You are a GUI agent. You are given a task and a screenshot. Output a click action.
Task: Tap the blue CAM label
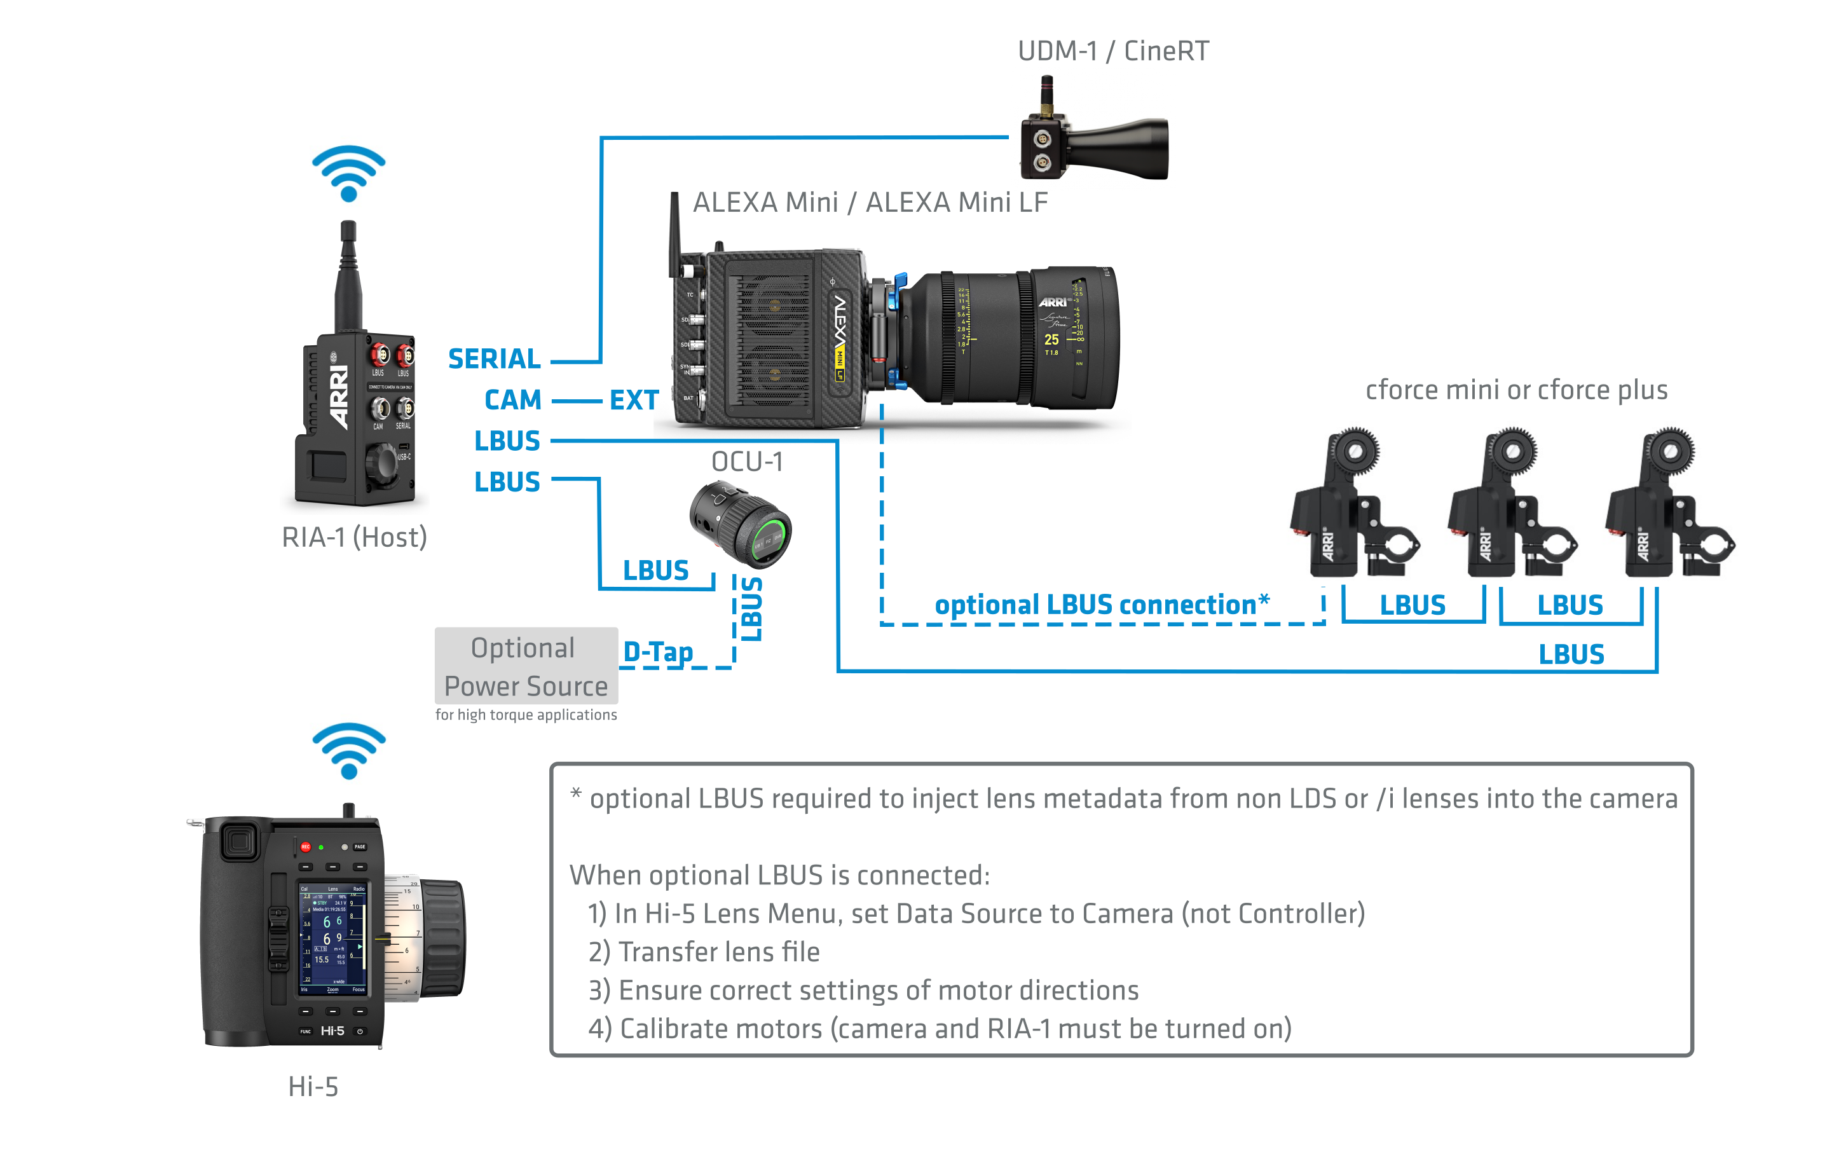pos(512,400)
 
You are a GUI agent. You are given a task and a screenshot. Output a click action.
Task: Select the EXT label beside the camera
pos(634,401)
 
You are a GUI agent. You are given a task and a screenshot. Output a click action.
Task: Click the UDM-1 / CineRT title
pos(1112,51)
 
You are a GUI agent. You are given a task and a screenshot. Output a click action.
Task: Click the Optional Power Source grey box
pos(526,666)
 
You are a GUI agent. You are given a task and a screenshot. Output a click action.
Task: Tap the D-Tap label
pos(658,652)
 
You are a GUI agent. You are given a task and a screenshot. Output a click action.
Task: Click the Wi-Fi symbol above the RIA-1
pos(349,173)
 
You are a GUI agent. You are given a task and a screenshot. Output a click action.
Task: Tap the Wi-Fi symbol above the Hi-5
pos(349,750)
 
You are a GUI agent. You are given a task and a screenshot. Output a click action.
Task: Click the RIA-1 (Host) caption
pos(354,538)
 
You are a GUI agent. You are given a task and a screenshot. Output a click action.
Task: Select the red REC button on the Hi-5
pos(305,847)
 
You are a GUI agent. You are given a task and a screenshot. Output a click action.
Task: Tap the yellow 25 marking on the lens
pos(1051,340)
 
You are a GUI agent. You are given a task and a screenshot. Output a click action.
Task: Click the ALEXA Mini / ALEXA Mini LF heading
pos(870,203)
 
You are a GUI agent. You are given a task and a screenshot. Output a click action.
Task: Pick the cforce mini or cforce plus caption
pos(1516,390)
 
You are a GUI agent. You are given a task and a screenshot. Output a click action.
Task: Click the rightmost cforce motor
pos(1668,507)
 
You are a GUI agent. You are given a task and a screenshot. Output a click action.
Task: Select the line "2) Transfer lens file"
pos(704,952)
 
